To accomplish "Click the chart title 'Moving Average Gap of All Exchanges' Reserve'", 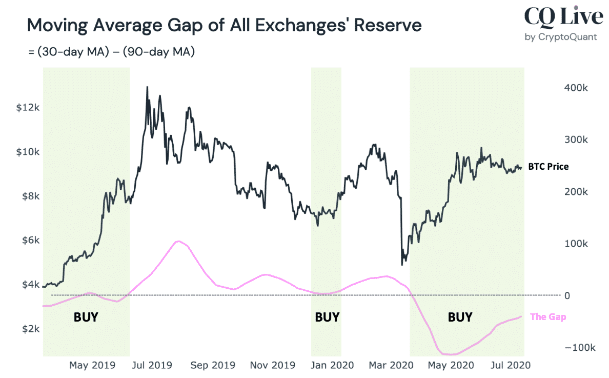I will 224,25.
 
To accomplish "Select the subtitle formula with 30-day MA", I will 111,52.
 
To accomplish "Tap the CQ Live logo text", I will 563,17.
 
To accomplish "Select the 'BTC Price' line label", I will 549,167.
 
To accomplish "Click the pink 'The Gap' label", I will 547,317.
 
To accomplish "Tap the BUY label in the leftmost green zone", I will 86,317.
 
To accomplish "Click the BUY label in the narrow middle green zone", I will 327,317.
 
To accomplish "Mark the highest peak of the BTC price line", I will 148,87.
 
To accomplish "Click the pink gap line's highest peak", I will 178,241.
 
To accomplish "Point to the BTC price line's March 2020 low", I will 401,264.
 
